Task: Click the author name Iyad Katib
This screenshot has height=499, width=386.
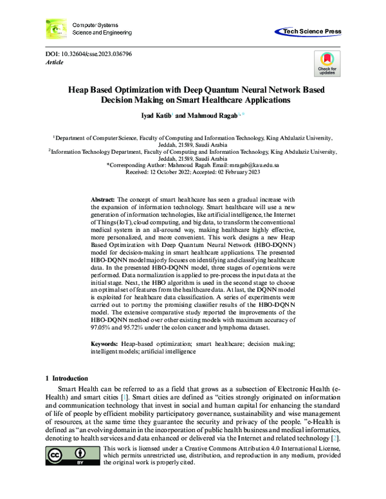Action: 149,116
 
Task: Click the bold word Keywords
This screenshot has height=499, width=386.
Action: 104,345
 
